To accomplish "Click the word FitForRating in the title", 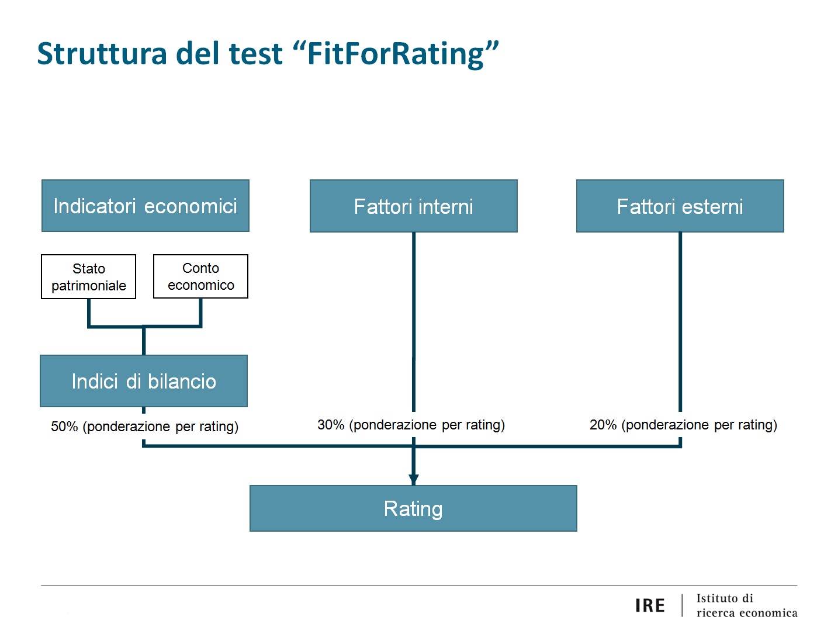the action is pos(396,54).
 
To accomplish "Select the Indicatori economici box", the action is pos(146,206).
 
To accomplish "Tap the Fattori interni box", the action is pos(413,206).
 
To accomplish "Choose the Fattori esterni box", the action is pos(680,206).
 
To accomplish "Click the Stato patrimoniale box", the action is pos(88,276).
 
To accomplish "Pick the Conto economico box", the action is pos(200,276).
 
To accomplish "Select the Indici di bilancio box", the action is pos(144,381).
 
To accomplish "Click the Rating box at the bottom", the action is pos(413,508).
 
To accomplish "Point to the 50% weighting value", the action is pos(64,426).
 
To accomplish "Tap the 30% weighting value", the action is pos(331,425).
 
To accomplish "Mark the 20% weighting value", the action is pos(603,425).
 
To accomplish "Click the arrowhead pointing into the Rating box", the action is pos(414,480).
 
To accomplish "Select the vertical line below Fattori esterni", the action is pos(680,322).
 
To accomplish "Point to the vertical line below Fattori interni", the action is pos(414,322).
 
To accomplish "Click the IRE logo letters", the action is pos(650,605).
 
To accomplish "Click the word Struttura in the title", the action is pos(102,54).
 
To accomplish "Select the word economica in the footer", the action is pos(768,613).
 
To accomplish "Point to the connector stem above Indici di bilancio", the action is pos(144,341).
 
